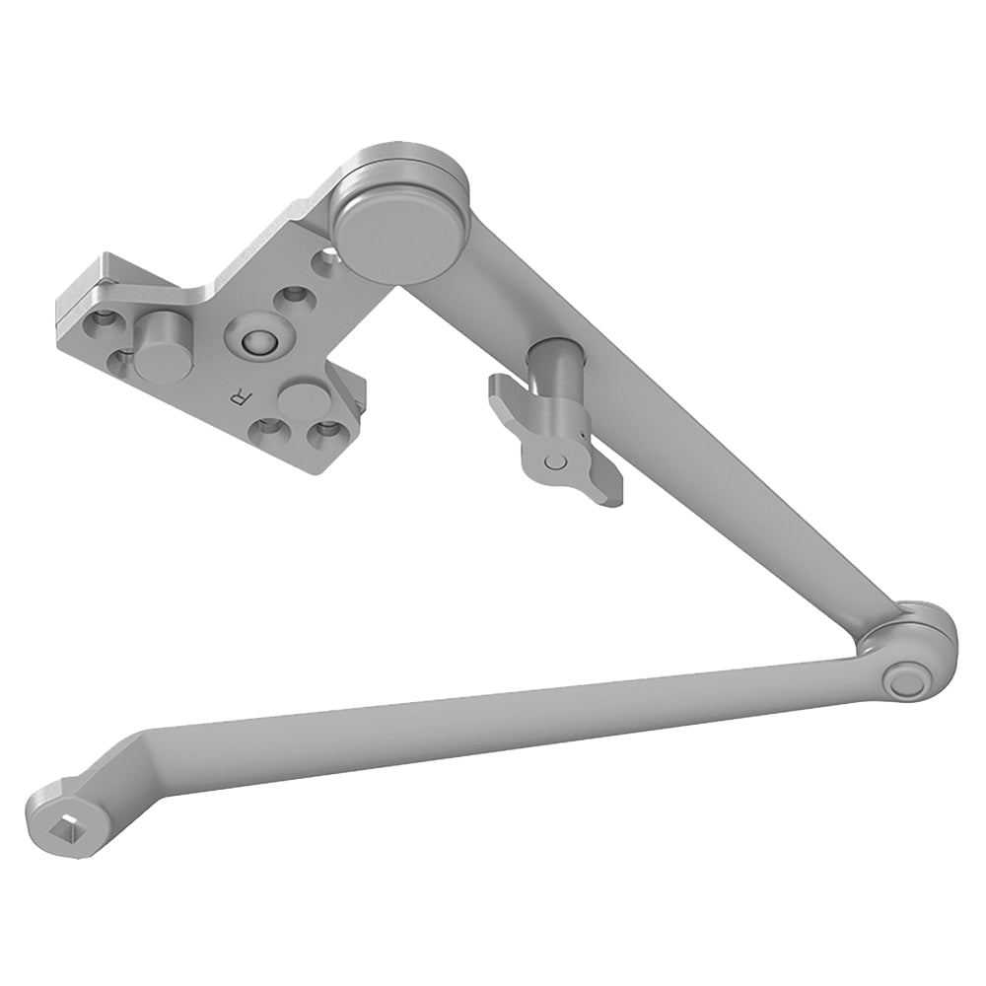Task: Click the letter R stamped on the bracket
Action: pyautogui.click(x=237, y=398)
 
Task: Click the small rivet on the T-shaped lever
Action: pyautogui.click(x=555, y=460)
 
